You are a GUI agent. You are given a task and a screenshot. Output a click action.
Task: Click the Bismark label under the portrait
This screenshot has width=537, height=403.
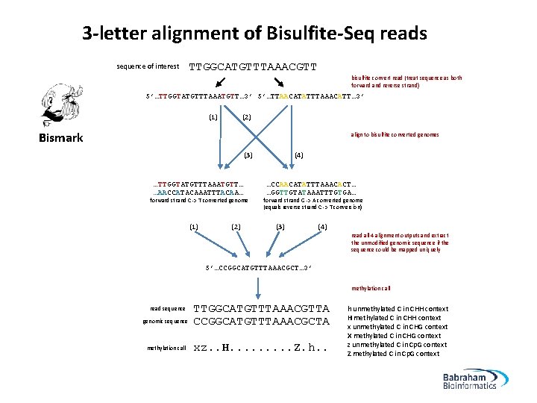[x=60, y=137]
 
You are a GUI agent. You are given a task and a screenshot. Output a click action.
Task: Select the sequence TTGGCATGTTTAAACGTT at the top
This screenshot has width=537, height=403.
[x=253, y=66]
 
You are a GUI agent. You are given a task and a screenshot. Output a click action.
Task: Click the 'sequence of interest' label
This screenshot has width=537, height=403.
[x=148, y=67]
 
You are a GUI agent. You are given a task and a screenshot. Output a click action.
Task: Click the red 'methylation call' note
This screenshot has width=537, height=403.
[x=371, y=288]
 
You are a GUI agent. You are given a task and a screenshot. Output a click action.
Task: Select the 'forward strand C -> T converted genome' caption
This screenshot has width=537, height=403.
[x=199, y=200]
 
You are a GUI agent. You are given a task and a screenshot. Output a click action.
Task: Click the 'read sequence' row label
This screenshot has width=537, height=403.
[x=168, y=308]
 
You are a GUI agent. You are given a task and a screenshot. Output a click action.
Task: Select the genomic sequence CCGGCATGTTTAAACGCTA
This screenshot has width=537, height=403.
[x=261, y=322]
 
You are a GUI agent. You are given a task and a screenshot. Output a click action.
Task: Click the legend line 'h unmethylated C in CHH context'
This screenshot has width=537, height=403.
[x=398, y=308]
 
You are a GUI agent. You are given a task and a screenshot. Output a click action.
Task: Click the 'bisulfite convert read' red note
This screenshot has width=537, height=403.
[x=406, y=81]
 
